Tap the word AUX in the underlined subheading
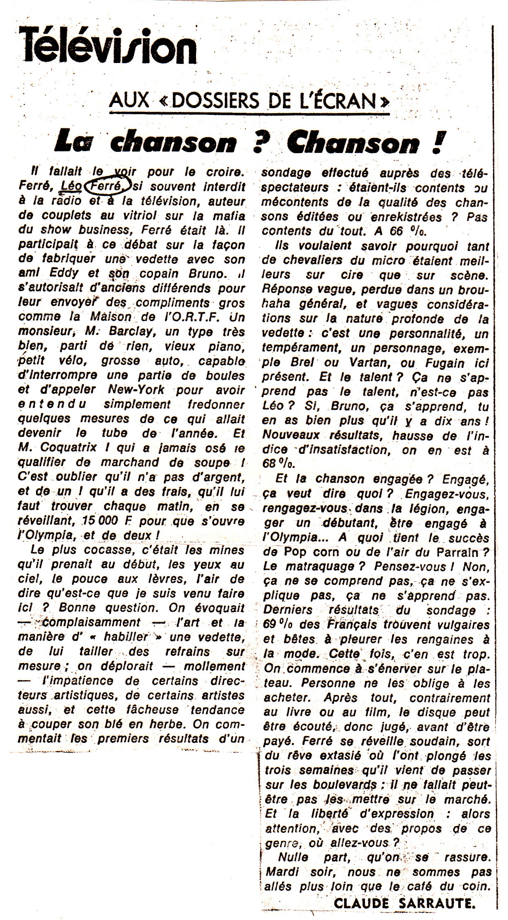coord(129,101)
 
